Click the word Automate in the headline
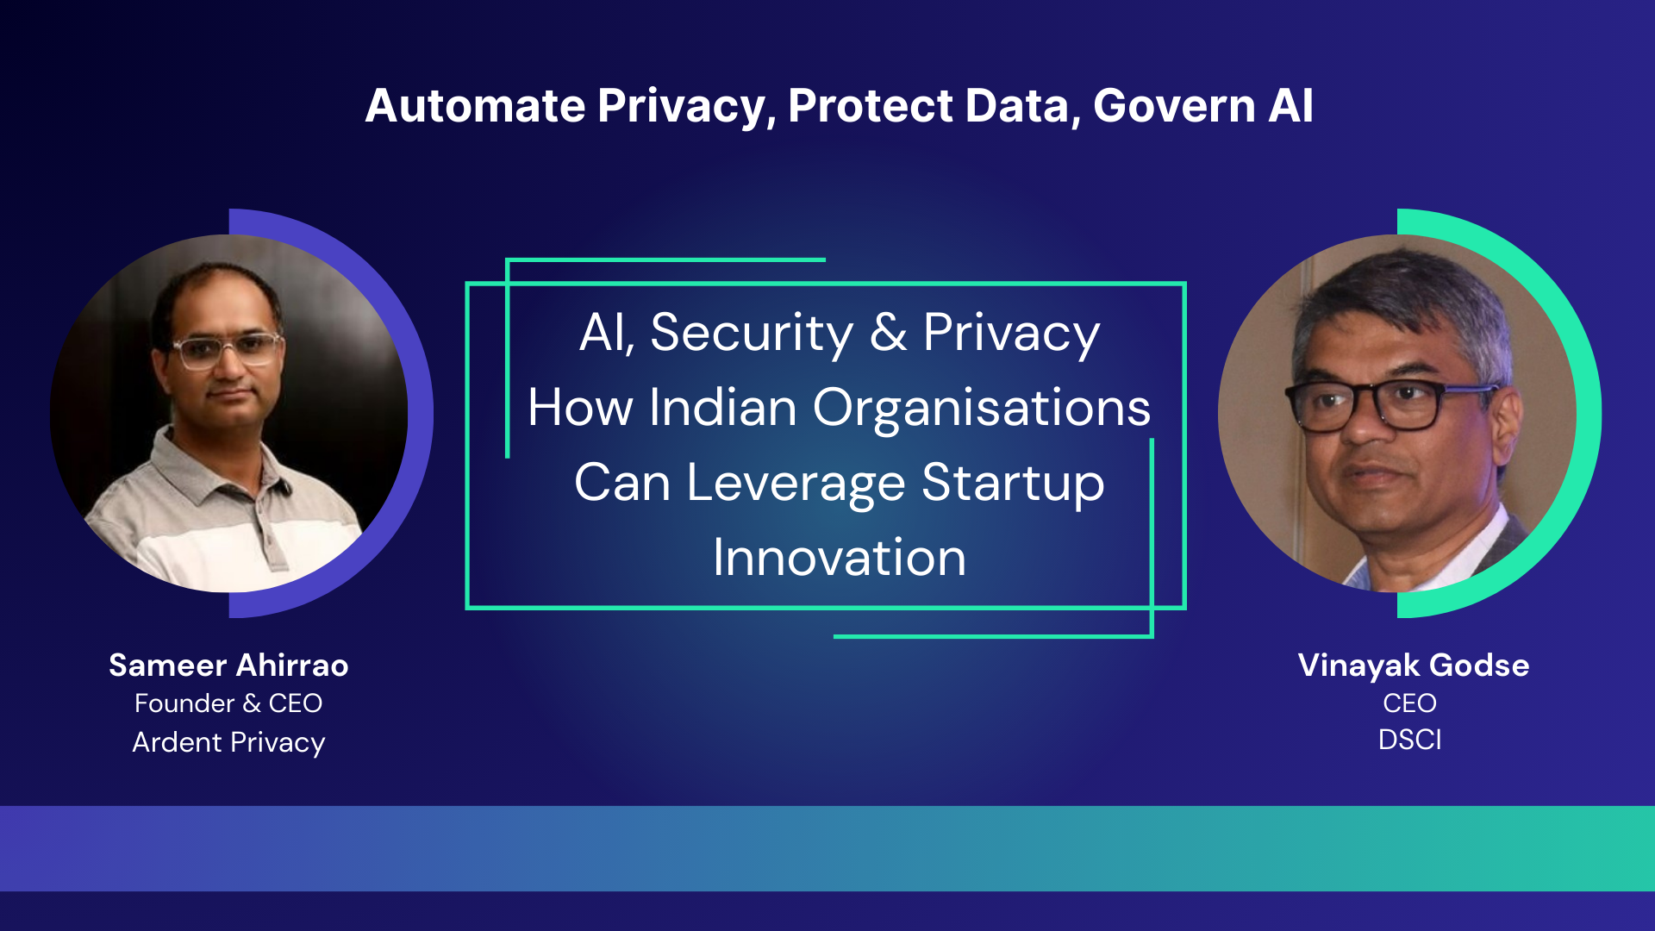(475, 106)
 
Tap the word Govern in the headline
(1173, 106)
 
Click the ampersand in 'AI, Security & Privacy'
(888, 333)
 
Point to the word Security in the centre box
(751, 333)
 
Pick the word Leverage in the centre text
(795, 483)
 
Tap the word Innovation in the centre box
(839, 558)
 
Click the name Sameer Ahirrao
(228, 665)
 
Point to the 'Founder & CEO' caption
(228, 703)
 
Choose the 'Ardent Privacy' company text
(228, 742)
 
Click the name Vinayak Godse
(1414, 665)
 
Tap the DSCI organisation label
(1409, 740)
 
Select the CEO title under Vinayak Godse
(1409, 703)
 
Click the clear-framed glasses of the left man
(226, 349)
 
